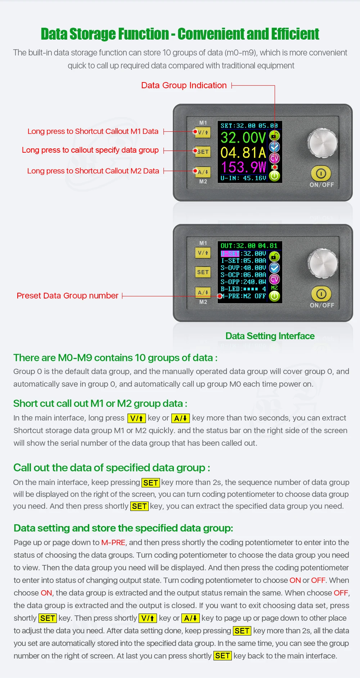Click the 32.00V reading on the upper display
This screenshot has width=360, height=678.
coord(243,138)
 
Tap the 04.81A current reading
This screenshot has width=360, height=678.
coord(243,153)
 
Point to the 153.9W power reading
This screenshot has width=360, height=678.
coord(243,167)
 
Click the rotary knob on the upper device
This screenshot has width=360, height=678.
coord(323,143)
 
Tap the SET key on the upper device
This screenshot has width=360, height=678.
coord(202,152)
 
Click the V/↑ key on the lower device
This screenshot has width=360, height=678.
coord(203,253)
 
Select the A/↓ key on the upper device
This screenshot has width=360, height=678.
coord(203,172)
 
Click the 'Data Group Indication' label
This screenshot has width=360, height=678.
coord(184,85)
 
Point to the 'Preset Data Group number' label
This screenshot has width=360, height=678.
coord(68,296)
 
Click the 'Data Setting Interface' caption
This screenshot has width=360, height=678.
coord(270,336)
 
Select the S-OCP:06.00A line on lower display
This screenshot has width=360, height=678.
coord(243,275)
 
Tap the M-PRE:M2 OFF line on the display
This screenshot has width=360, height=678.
coord(243,296)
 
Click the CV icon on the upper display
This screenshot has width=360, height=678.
coord(274,158)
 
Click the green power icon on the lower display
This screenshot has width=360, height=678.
coord(274,296)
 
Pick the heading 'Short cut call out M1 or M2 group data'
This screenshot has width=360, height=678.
coord(100,403)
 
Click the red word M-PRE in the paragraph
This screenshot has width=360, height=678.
coord(113,542)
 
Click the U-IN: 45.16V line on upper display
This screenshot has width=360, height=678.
coord(243,178)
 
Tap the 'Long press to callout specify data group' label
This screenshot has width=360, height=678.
coord(90,150)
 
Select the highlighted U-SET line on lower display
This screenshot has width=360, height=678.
coord(243,253)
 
